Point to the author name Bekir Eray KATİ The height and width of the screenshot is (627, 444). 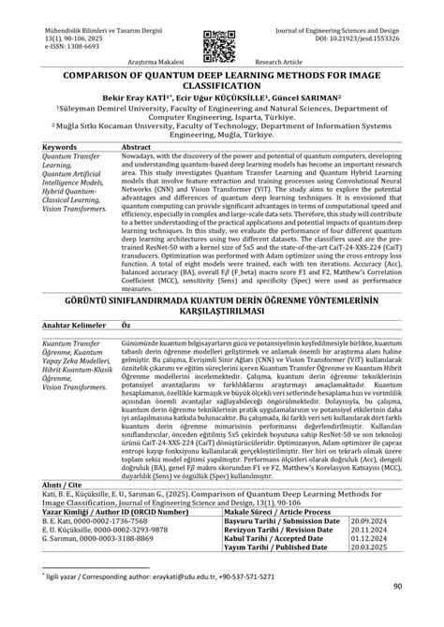126,95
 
